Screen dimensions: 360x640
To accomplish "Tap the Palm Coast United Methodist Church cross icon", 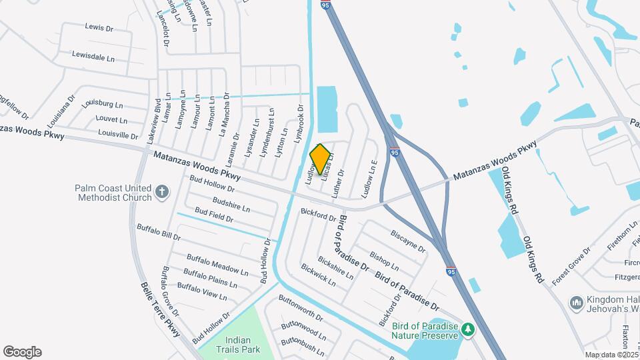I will click(x=161, y=193).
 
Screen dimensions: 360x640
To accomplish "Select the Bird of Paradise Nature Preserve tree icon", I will click(x=469, y=329).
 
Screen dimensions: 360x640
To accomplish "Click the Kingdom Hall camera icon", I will click(x=575, y=303).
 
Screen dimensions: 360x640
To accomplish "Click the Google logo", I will click(x=22, y=352).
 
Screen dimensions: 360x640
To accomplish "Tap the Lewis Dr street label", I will click(x=100, y=27).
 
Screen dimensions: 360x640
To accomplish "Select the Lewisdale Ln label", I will click(x=93, y=57).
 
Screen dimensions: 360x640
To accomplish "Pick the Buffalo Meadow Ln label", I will click(x=217, y=264).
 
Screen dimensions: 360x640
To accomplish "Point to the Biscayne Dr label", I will click(x=408, y=241).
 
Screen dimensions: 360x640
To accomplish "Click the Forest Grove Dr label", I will click(x=571, y=264).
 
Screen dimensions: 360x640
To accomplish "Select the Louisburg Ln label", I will click(x=102, y=105).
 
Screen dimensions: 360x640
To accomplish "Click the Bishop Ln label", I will click(x=384, y=261).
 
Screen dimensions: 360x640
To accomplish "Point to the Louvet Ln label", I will click(x=111, y=120).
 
